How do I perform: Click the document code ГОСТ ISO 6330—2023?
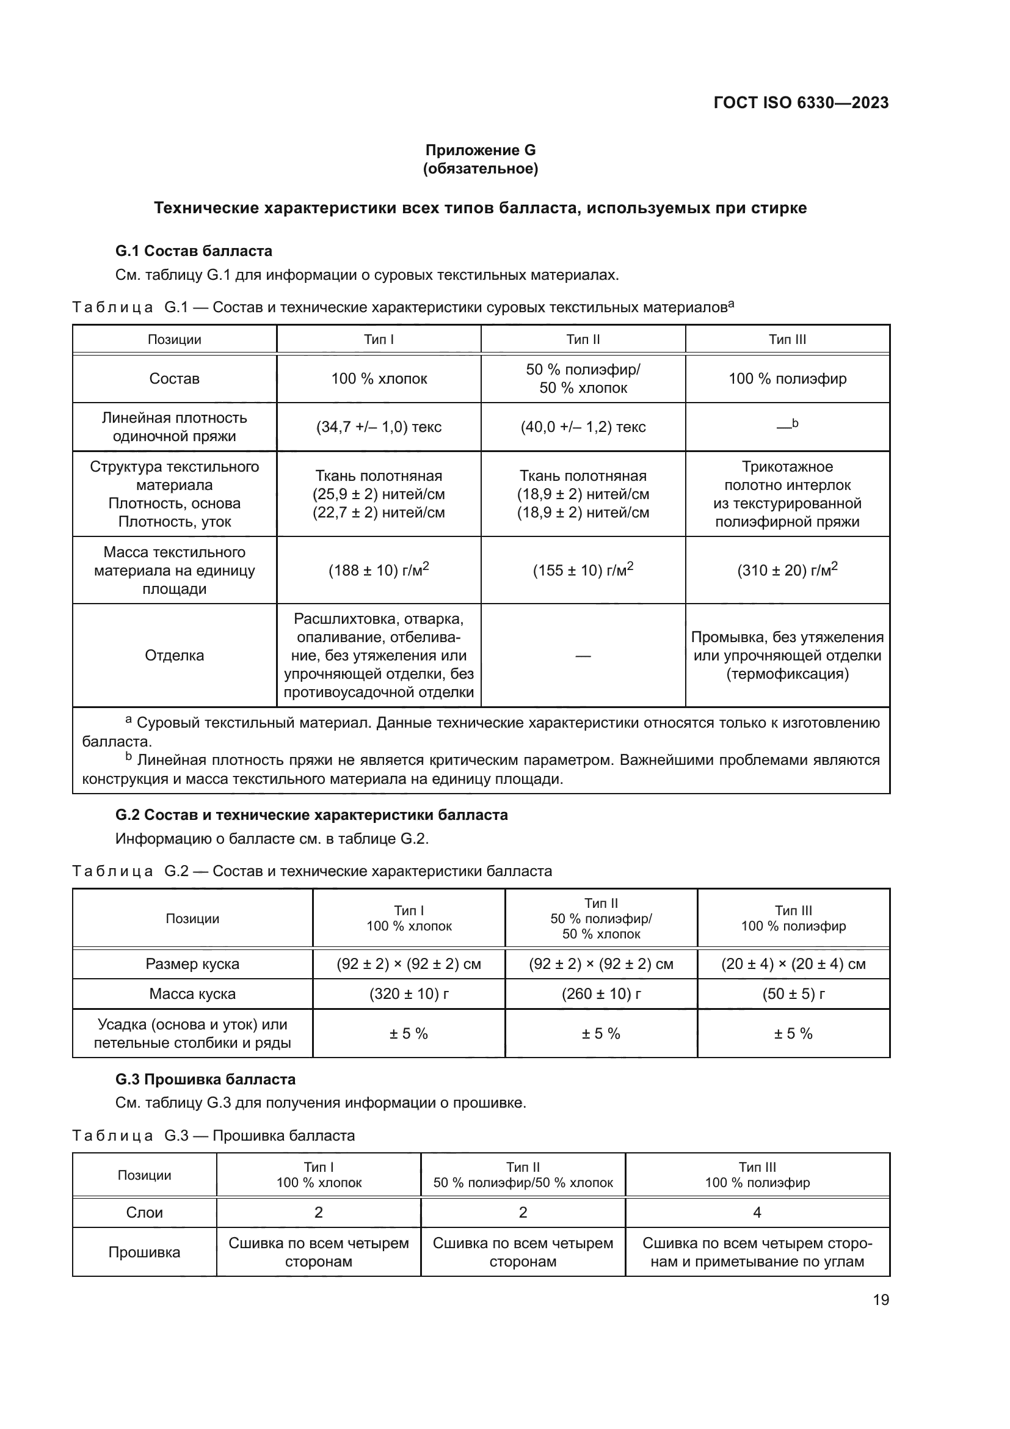pos(801,103)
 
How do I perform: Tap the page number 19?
pos(881,1299)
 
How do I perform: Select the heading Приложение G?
pos(480,150)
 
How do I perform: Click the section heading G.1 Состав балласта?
pos(194,251)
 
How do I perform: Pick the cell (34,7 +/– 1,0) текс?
pos(379,427)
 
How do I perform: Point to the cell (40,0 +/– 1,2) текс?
pos(583,427)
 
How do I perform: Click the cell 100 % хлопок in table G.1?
pos(379,378)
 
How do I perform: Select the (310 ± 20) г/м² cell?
pos(787,570)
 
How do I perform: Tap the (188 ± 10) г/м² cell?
pos(379,570)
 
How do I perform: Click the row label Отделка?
pos(174,656)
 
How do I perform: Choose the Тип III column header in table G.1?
pos(787,339)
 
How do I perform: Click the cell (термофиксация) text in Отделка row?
pos(787,674)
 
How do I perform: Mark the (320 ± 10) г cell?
pos(409,994)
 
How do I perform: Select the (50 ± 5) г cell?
pos(793,994)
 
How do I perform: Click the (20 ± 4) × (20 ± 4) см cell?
pos(793,964)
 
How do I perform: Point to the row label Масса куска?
pos(192,994)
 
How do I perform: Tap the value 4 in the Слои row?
pos(757,1212)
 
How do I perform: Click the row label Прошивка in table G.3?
pos(144,1252)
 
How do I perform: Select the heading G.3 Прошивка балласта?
pos(205,1079)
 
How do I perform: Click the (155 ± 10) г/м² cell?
pos(583,570)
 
